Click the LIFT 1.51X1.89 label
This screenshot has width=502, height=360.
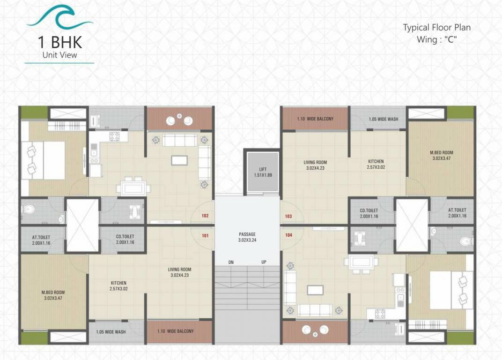(x=262, y=172)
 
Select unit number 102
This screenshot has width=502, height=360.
(x=205, y=216)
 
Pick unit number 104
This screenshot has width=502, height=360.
(x=288, y=235)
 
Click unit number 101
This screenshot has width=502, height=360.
(x=205, y=236)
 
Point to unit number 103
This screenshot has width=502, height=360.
(x=288, y=216)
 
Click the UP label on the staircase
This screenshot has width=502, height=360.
(x=264, y=262)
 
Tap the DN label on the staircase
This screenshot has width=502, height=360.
(x=231, y=262)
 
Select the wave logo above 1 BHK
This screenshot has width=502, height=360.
(x=60, y=17)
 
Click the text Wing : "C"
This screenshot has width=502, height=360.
(x=436, y=39)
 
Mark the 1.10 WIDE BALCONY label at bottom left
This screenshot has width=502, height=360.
(x=175, y=331)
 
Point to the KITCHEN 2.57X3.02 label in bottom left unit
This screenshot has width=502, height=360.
(x=118, y=285)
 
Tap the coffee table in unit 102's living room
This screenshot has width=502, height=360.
(x=180, y=160)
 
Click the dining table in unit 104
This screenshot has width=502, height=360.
(x=361, y=262)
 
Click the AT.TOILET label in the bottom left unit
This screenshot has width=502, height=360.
(x=41, y=240)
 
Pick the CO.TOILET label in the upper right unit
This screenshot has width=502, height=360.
(x=369, y=213)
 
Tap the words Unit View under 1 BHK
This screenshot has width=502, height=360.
(x=59, y=55)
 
